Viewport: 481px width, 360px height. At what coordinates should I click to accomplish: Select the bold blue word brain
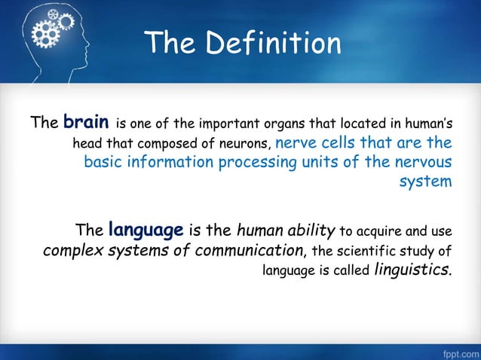pyautogui.click(x=89, y=121)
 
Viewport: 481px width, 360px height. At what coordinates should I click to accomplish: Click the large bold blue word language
pyautogui.click(x=146, y=228)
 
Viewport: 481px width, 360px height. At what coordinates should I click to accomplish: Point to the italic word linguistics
pyautogui.click(x=414, y=270)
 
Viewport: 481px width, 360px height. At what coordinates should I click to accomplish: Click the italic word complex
pyautogui.click(x=74, y=250)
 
